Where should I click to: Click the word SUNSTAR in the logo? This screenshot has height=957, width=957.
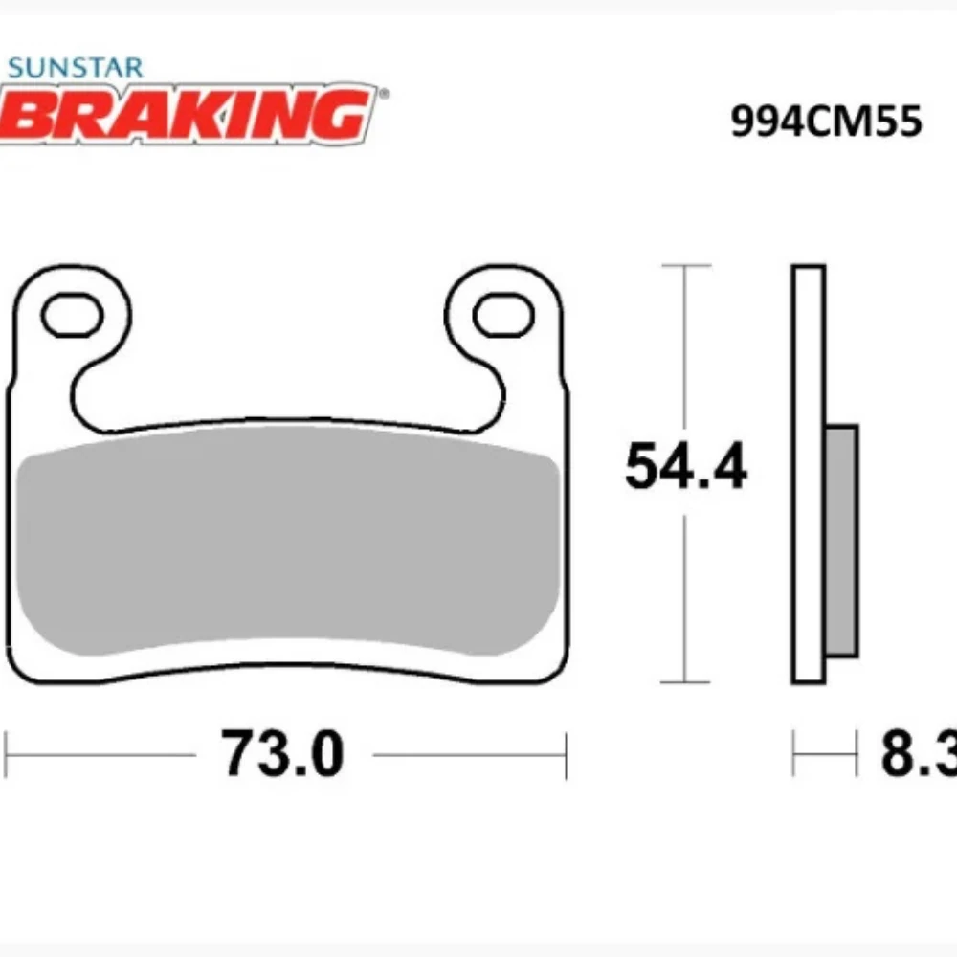pyautogui.click(x=75, y=68)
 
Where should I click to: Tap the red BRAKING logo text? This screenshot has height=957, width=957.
pyautogui.click(x=187, y=113)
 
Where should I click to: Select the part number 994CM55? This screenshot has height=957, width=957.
pyautogui.click(x=826, y=122)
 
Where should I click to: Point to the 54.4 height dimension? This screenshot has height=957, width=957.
pyautogui.click(x=685, y=468)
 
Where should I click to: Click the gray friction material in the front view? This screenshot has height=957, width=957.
pyautogui.click(x=287, y=545)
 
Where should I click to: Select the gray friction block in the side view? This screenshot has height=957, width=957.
pyautogui.click(x=841, y=541)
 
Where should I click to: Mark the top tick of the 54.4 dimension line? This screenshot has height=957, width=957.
pyautogui.click(x=685, y=265)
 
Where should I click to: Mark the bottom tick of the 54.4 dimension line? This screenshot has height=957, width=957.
pyautogui.click(x=685, y=682)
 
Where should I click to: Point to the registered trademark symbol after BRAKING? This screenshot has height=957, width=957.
pyautogui.click(x=384, y=95)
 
